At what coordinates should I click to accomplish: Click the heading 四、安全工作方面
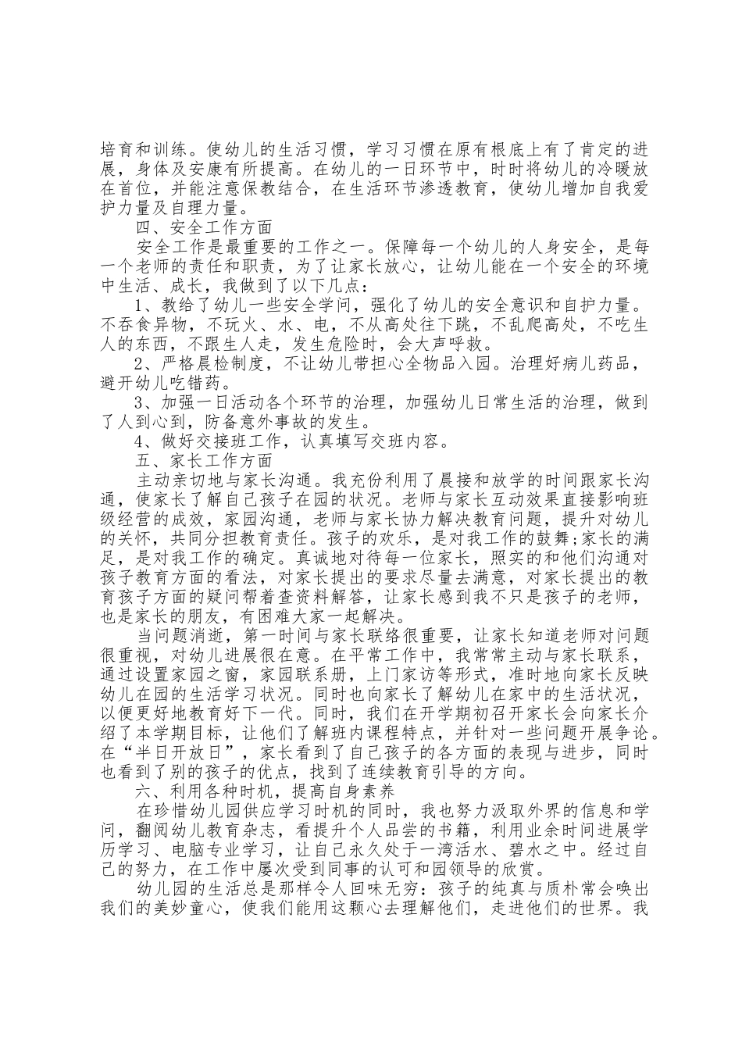(204, 228)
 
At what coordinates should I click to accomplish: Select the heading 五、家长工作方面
(204, 462)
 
